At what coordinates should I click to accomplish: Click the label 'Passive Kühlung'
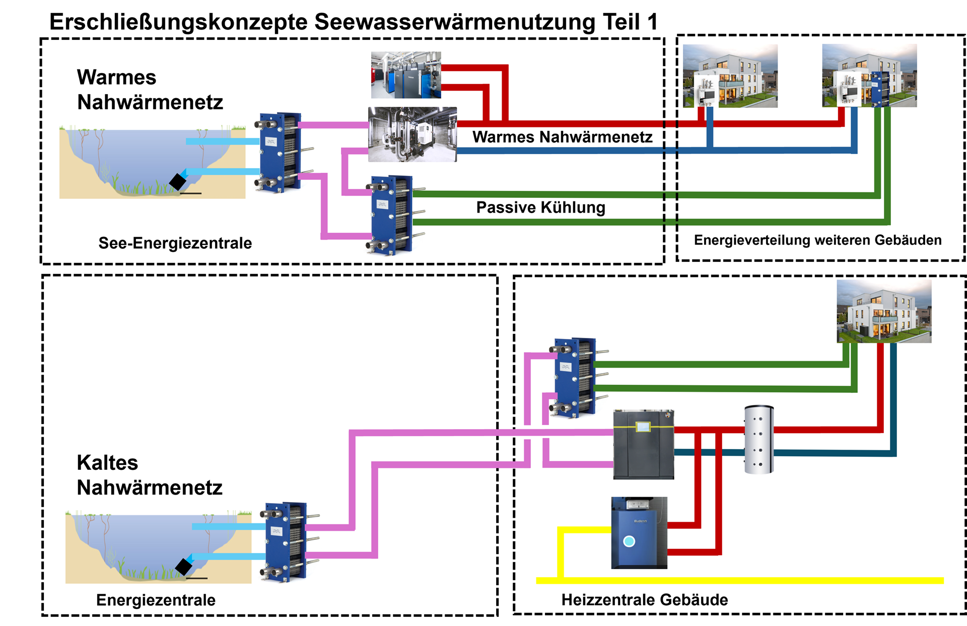[540, 207]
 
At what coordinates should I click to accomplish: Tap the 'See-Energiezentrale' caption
[175, 243]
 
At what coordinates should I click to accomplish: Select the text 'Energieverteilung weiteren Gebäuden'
[817, 240]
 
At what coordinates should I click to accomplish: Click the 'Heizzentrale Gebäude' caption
[645, 600]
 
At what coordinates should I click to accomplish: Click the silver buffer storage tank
[759, 440]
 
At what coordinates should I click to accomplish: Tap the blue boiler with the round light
[639, 533]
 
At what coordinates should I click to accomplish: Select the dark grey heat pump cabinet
[643, 445]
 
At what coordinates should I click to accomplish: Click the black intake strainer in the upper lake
[178, 181]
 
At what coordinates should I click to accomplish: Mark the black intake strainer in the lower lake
[184, 567]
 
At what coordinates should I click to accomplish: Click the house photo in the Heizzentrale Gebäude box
[884, 312]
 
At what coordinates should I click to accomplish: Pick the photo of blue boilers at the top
[406, 75]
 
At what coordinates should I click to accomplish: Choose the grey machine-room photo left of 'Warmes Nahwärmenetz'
[412, 134]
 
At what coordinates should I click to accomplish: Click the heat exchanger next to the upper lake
[280, 153]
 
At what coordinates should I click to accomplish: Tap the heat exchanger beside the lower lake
[286, 542]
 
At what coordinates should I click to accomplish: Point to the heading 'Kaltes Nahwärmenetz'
[149, 475]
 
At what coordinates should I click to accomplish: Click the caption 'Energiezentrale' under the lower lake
[156, 600]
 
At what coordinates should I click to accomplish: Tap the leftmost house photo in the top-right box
[730, 76]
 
